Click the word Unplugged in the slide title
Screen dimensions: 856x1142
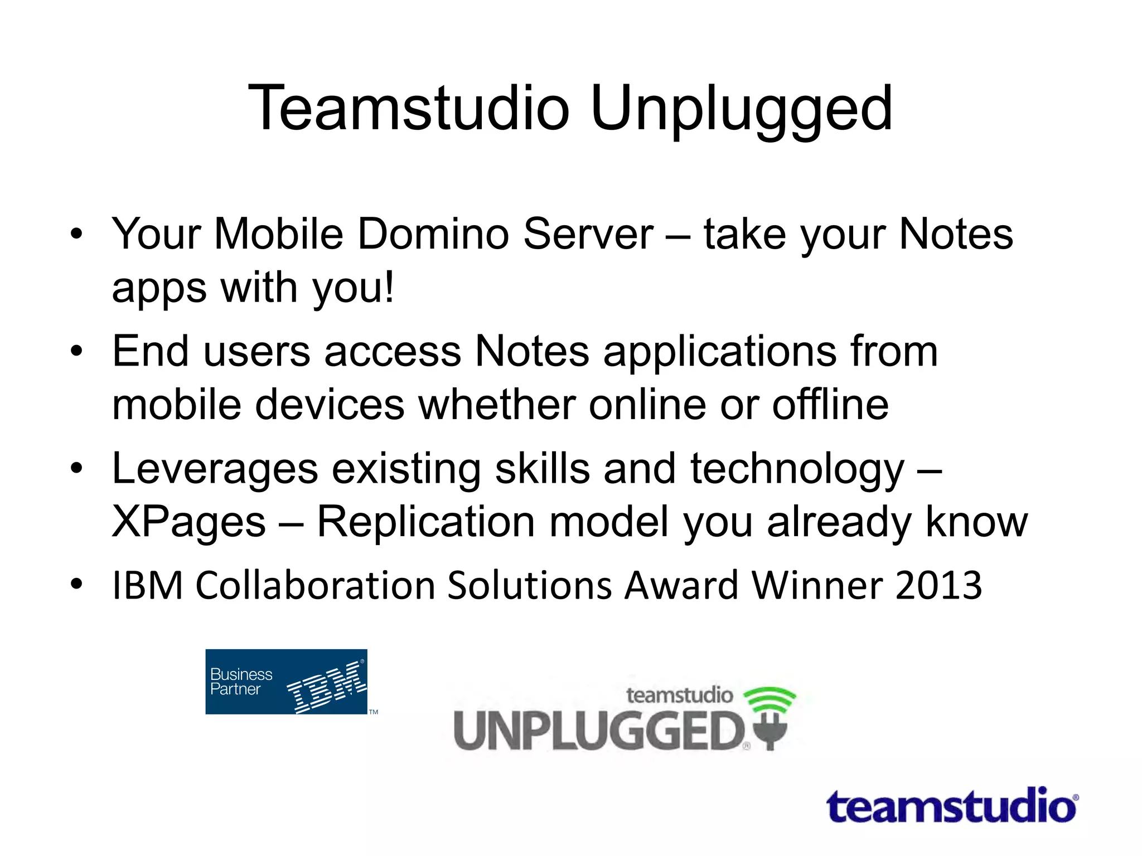pos(741,109)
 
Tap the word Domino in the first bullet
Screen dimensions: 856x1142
pos(433,234)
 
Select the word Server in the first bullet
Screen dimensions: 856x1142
pos(588,234)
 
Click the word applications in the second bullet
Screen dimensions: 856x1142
pos(720,352)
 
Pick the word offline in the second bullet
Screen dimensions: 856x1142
pos(830,405)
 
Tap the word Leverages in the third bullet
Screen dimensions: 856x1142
pos(215,469)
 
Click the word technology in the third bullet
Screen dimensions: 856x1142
pos(797,470)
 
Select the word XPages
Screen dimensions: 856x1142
pos(189,523)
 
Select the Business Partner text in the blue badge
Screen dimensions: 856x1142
pos(241,682)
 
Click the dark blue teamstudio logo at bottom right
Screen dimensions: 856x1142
pos(951,806)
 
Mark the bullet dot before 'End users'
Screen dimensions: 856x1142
pos(76,352)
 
